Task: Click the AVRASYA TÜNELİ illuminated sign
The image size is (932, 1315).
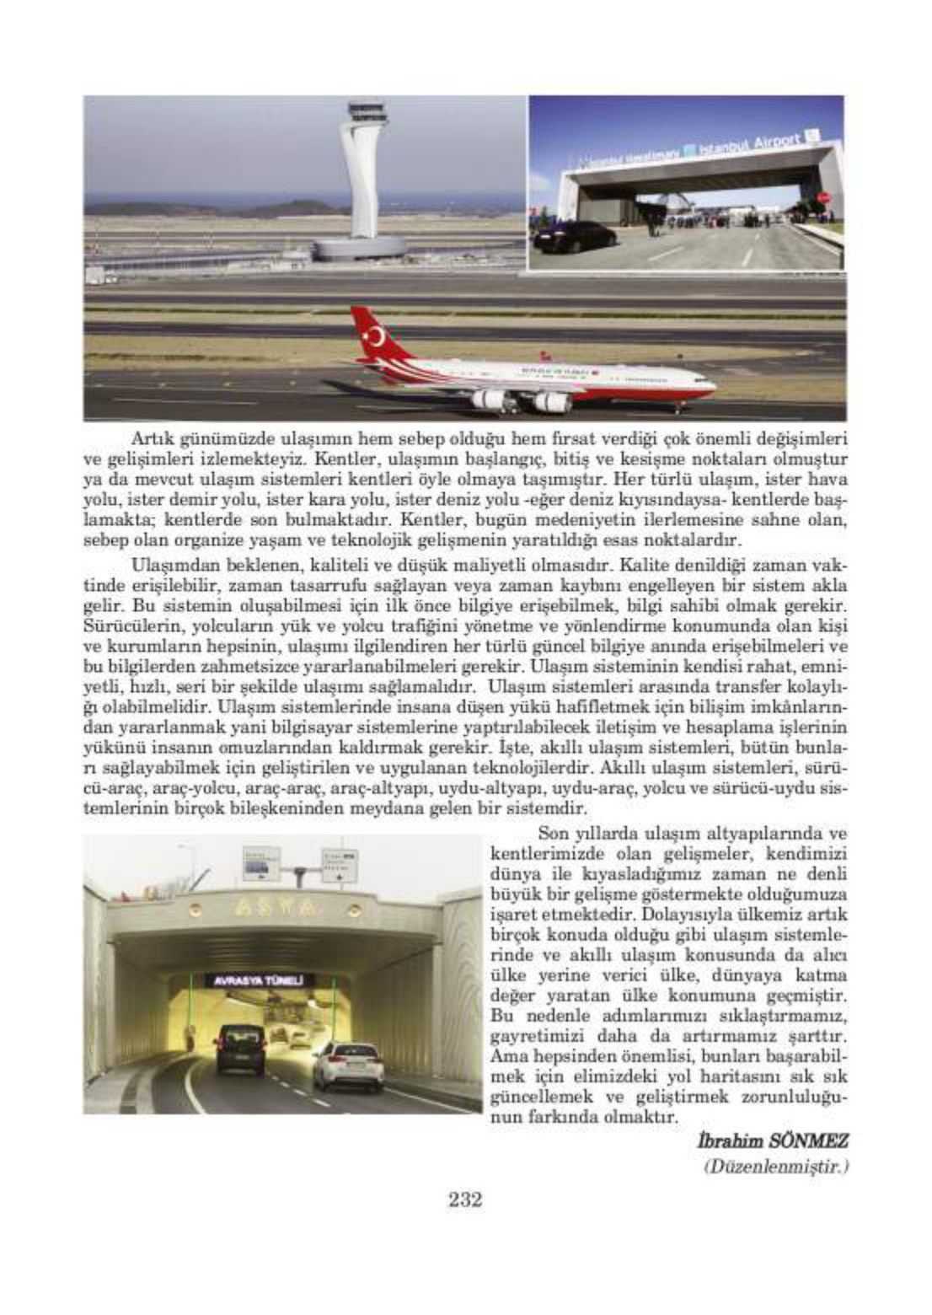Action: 259,980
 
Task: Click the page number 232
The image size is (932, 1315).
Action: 464,1200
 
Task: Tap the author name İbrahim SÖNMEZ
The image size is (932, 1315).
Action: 772,1141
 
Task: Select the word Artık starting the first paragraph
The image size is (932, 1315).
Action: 151,438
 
